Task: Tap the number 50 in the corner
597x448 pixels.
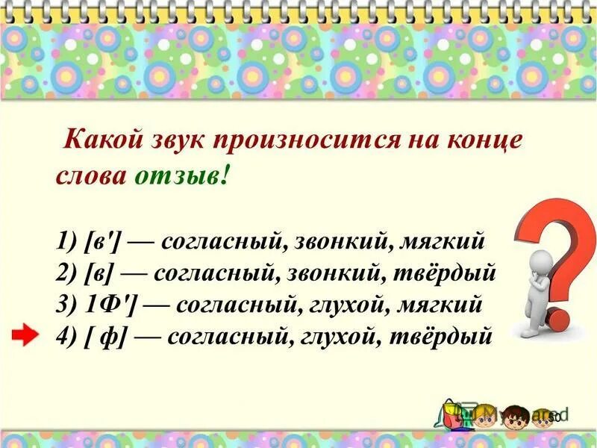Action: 554,415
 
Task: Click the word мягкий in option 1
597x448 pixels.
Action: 443,241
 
